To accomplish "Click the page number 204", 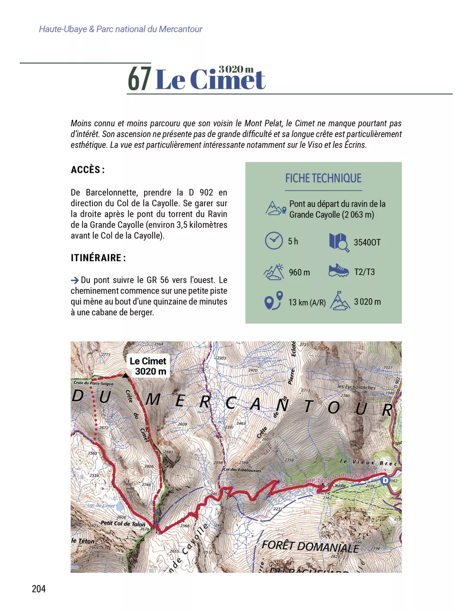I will coord(39,589).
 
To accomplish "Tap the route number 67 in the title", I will coord(139,79).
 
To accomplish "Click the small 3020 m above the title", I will coord(236,69).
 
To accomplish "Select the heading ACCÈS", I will coord(88,170).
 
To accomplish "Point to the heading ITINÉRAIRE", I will coord(98,258).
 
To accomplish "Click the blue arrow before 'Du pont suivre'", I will coord(75,280).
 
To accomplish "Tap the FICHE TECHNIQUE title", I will coord(323,178).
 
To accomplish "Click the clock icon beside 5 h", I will coord(274,241).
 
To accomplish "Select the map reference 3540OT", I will coord(367,242).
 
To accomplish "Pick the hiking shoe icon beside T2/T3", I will coord(338,271).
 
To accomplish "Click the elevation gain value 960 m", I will coord(299,272).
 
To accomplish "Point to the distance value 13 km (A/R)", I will coord(307,302).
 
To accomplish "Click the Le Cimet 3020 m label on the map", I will coord(148,366).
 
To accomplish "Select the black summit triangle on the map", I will coord(125,376).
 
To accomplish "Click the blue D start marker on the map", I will coord(385,480).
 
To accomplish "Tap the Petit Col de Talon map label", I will coord(123,524).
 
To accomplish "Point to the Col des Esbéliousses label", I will coord(242,470).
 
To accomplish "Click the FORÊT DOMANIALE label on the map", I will coord(310,546).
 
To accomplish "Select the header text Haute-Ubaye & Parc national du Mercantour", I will coord(120,29).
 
